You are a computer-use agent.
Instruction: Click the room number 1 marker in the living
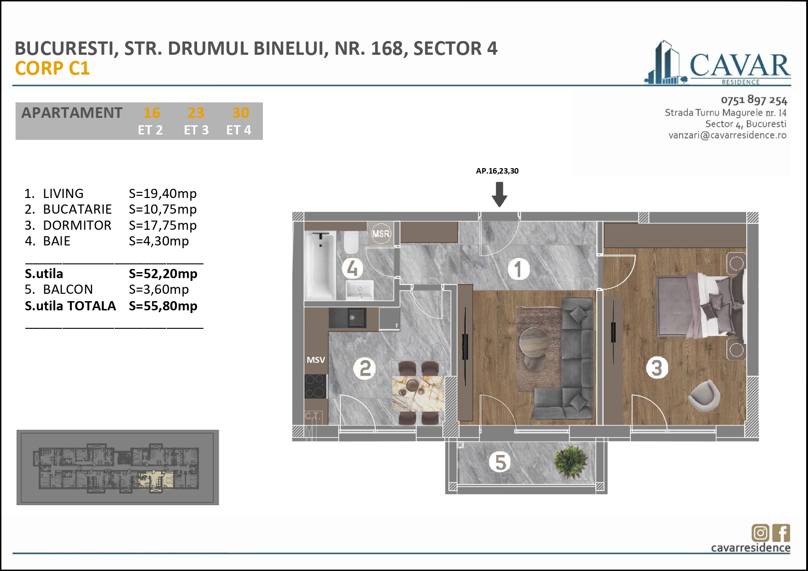click(518, 269)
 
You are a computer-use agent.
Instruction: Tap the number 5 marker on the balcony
click(500, 462)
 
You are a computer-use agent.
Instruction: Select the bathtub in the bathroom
click(320, 266)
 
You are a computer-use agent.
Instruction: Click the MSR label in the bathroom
click(381, 234)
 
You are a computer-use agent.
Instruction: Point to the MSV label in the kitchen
click(316, 360)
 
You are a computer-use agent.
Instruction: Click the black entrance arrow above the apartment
click(499, 194)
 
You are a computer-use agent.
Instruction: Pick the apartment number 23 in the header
click(196, 113)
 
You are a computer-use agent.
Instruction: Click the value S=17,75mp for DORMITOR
click(163, 226)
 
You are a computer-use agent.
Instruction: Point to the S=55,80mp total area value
click(163, 306)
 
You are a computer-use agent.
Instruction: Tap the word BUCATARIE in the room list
click(77, 210)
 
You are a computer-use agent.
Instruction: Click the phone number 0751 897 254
click(754, 100)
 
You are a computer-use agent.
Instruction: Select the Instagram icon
click(760, 533)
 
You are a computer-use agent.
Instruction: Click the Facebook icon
click(781, 533)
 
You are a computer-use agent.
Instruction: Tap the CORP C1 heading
click(52, 69)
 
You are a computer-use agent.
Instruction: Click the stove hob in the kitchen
click(315, 386)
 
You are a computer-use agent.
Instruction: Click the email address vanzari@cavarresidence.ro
click(727, 135)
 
